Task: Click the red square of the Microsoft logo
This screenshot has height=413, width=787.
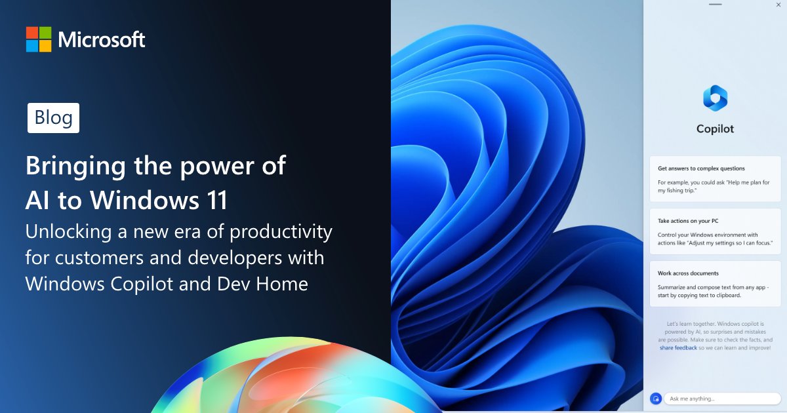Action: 32,33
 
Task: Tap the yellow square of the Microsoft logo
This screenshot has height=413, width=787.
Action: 45,46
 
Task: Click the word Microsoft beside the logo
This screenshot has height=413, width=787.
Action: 102,40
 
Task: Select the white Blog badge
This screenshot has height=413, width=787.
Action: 53,118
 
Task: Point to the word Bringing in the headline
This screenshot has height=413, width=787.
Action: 71,166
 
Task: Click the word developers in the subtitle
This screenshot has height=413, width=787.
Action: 220,258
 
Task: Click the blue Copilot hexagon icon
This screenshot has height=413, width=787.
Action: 715,98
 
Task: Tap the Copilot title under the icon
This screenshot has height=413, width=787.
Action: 715,129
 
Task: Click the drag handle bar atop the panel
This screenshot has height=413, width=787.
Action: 715,5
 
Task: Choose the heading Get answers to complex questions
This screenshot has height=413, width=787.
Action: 701,168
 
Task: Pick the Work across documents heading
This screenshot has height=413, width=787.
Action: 688,273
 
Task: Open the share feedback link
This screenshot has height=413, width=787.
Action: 678,348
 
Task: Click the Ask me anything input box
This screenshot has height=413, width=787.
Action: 722,399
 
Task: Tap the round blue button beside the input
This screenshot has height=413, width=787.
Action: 656,399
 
